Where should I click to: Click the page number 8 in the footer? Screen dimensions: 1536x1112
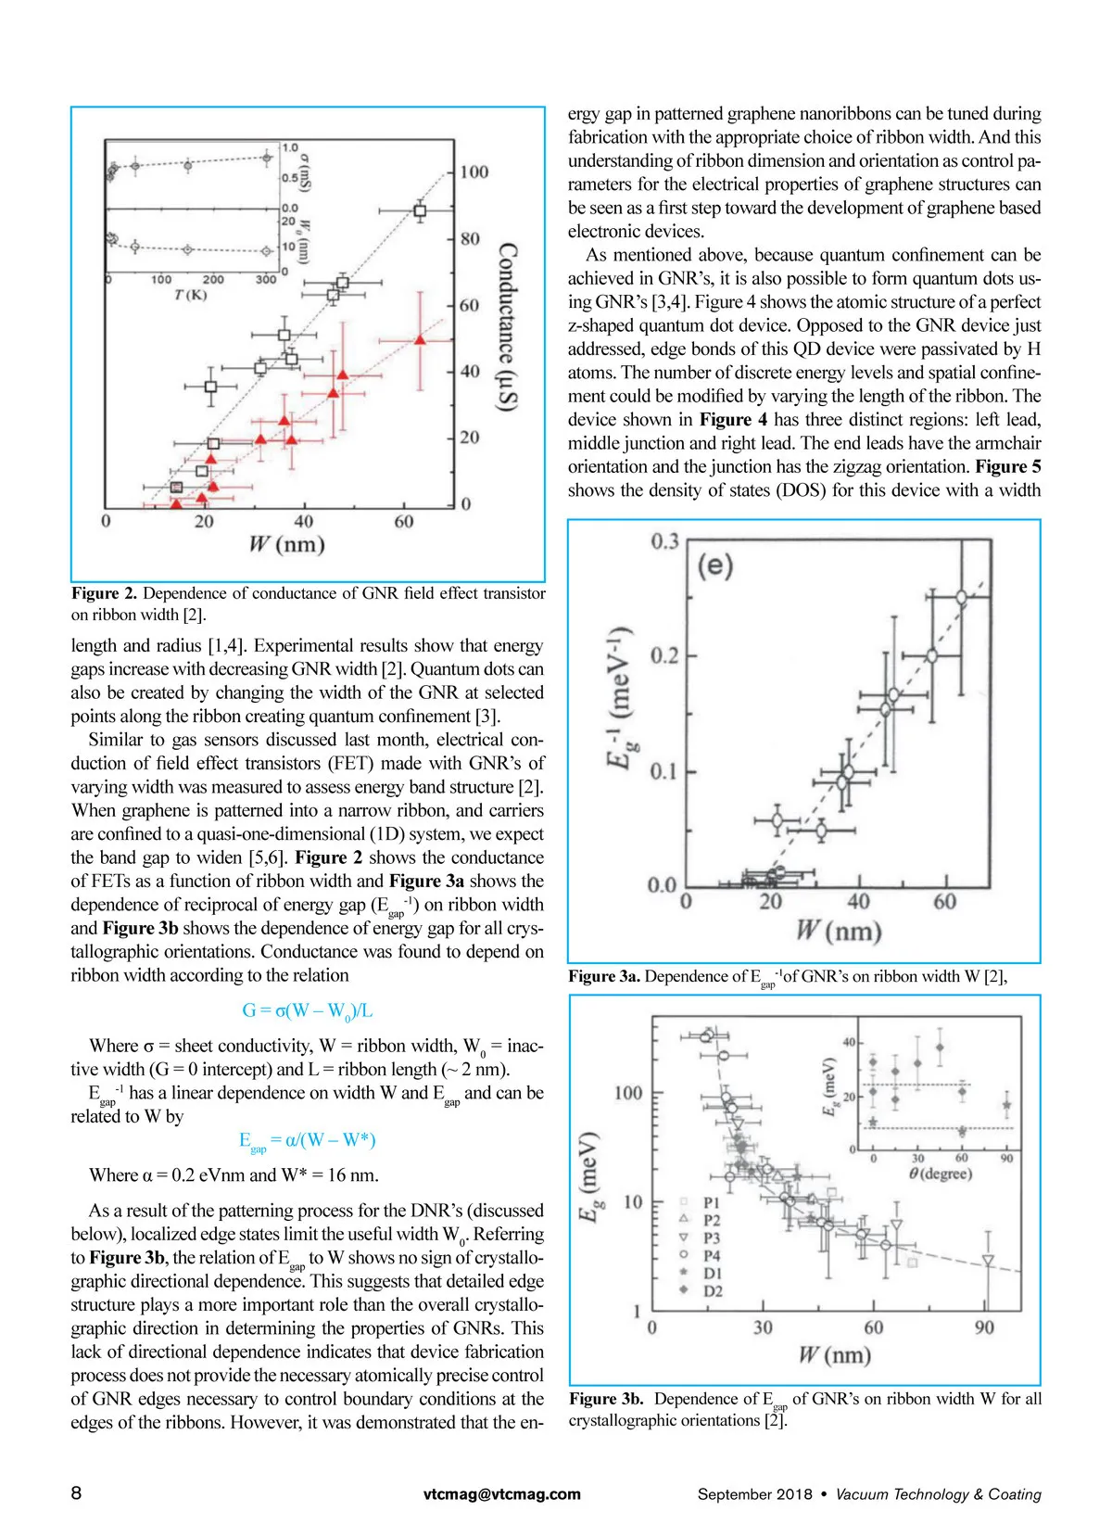tap(76, 1492)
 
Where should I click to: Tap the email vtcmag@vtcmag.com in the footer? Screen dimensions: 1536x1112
tap(502, 1493)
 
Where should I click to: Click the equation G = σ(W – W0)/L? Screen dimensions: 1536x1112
tap(307, 1010)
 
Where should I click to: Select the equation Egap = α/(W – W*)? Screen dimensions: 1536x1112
tap(307, 1140)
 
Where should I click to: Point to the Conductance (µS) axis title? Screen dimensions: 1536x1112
tap(508, 326)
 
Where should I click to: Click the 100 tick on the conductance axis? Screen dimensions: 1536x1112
tap(474, 171)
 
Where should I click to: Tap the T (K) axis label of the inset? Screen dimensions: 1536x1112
tap(191, 295)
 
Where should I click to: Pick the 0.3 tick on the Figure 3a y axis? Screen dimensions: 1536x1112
tap(664, 541)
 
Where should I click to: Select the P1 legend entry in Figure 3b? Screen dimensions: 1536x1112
tap(711, 1202)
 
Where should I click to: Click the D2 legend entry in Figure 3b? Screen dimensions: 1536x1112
tap(711, 1290)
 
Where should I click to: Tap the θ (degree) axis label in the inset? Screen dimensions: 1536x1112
tap(940, 1174)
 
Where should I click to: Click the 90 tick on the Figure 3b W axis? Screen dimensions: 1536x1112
tap(984, 1327)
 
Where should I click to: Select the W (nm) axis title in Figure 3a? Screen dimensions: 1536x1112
tap(838, 930)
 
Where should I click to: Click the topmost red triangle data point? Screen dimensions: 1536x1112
tap(420, 339)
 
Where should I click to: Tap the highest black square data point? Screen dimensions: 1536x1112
tap(420, 211)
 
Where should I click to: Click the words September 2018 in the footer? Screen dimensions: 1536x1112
tap(754, 1494)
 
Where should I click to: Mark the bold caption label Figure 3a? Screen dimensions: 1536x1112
tap(604, 976)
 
